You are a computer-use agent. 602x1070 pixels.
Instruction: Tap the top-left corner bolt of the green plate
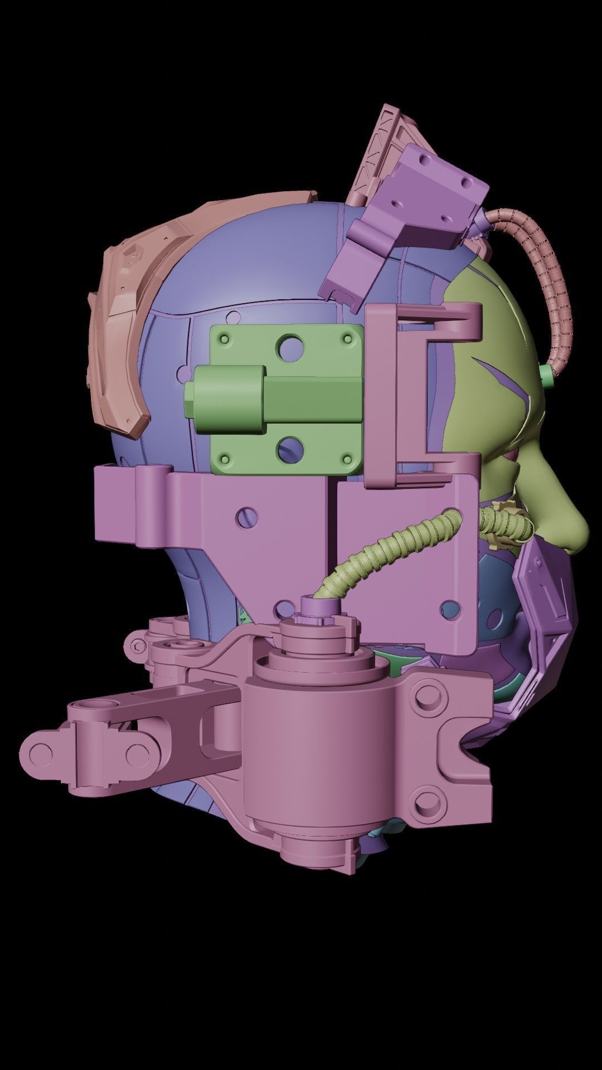(224, 339)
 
